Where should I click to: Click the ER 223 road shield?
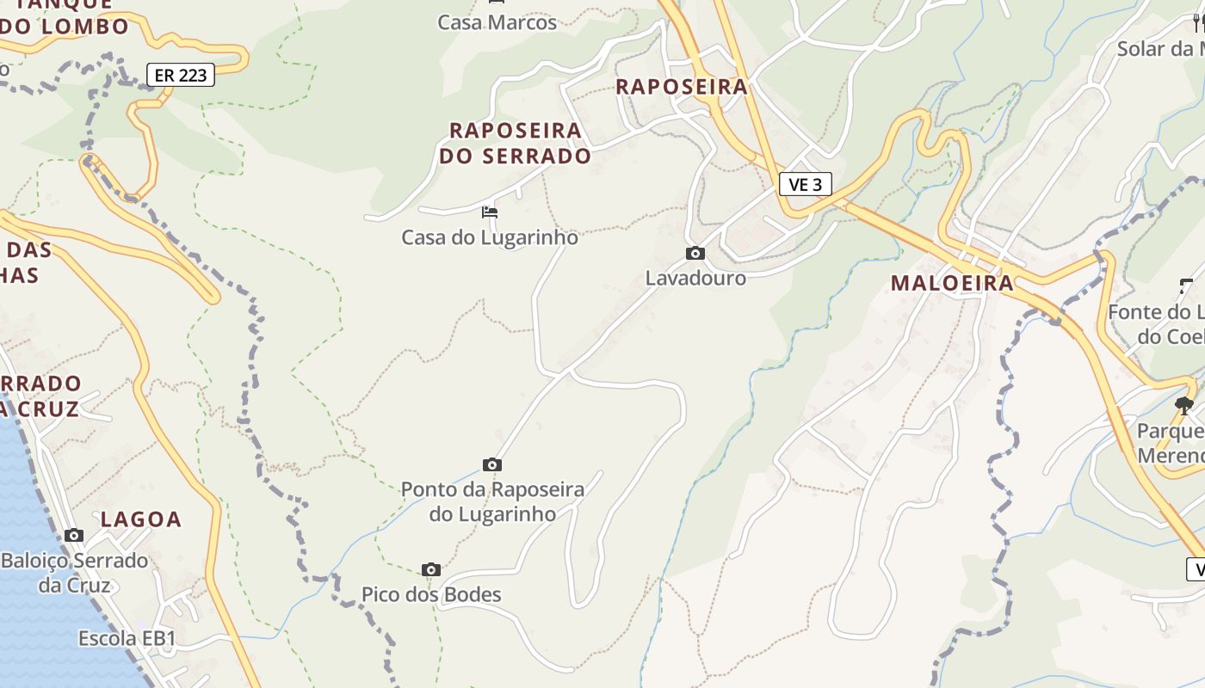pyautogui.click(x=180, y=76)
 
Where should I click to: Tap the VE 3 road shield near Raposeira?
pyautogui.click(x=806, y=184)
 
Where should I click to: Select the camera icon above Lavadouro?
pyautogui.click(x=695, y=253)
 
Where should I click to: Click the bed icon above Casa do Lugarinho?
pyautogui.click(x=490, y=212)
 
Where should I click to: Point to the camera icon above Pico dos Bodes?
pyautogui.click(x=431, y=569)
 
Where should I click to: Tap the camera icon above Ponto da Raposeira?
pyautogui.click(x=492, y=465)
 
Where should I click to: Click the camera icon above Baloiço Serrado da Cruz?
pyautogui.click(x=74, y=535)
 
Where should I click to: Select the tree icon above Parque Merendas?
pyautogui.click(x=1184, y=405)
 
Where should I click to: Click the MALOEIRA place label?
pyautogui.click(x=952, y=283)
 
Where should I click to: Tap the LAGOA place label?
pyautogui.click(x=141, y=519)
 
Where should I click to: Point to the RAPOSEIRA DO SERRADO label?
pyautogui.click(x=516, y=143)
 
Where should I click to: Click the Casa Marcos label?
pyautogui.click(x=497, y=22)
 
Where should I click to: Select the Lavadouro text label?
pyautogui.click(x=695, y=278)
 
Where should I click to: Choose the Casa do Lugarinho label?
pyautogui.click(x=490, y=237)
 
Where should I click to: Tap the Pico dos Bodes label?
pyautogui.click(x=431, y=594)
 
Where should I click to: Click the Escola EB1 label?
pyautogui.click(x=127, y=638)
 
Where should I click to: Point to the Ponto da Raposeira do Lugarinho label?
pyautogui.click(x=492, y=501)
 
